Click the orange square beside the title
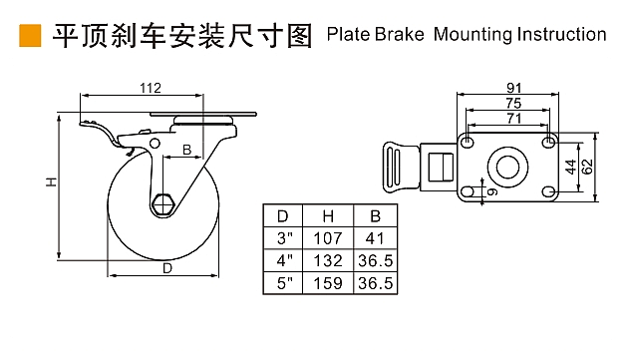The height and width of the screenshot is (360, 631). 30,36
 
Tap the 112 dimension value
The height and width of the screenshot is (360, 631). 151,88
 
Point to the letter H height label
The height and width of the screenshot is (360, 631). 51,182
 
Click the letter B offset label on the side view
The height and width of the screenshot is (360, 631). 186,150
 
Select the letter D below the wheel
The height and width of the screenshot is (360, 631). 167,268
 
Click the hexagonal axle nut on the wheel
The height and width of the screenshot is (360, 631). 162,205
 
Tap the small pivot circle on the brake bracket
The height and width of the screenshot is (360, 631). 155,144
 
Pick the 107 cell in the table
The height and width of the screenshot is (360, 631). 328,238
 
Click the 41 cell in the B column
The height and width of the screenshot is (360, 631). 375,238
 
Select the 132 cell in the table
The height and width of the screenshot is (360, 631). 328,261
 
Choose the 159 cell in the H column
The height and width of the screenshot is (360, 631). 328,283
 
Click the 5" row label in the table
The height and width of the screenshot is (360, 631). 284,283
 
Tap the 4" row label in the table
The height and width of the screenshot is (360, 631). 284,261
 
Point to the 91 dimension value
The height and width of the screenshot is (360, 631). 514,88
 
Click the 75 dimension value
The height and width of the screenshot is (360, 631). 513,103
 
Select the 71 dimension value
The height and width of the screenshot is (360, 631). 514,119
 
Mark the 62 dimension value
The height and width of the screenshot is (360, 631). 588,167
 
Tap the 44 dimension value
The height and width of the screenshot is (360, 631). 570,167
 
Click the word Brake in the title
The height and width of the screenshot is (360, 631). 399,34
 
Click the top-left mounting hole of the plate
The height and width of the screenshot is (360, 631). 468,142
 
